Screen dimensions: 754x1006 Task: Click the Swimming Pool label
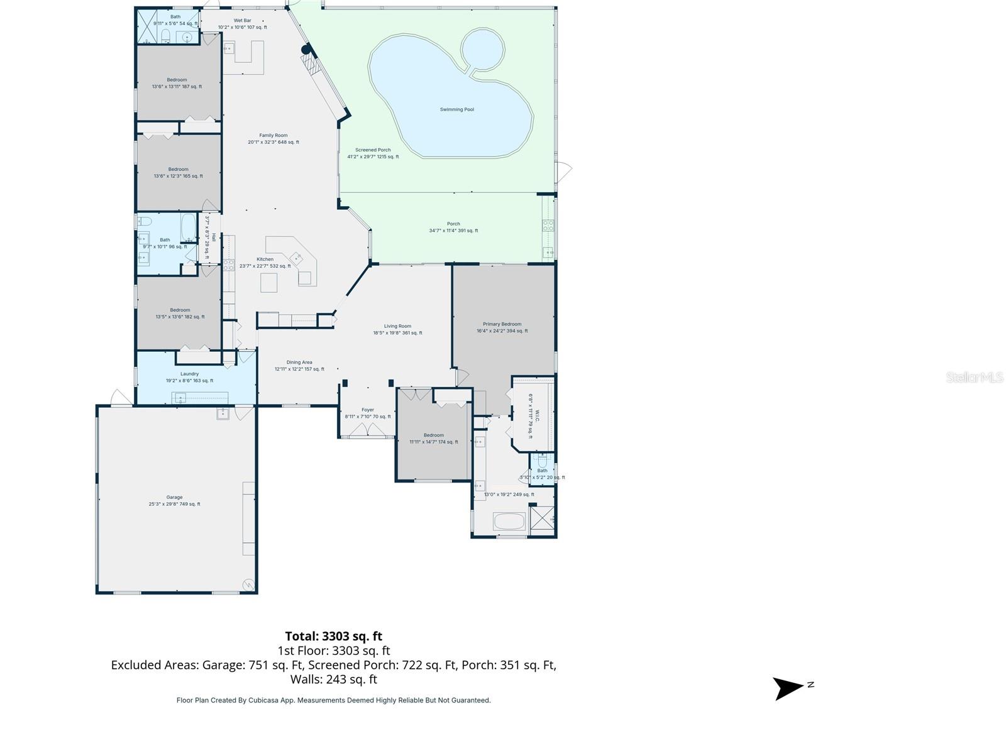click(x=456, y=109)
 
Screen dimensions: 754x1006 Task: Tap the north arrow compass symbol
click(x=788, y=688)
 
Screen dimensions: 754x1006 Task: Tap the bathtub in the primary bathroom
click(x=509, y=521)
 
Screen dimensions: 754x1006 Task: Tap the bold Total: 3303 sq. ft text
click(x=333, y=636)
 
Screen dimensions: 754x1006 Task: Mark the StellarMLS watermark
click(x=974, y=377)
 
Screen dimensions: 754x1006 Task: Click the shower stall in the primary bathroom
click(x=542, y=520)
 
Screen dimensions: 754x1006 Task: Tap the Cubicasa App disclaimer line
click(x=333, y=700)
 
